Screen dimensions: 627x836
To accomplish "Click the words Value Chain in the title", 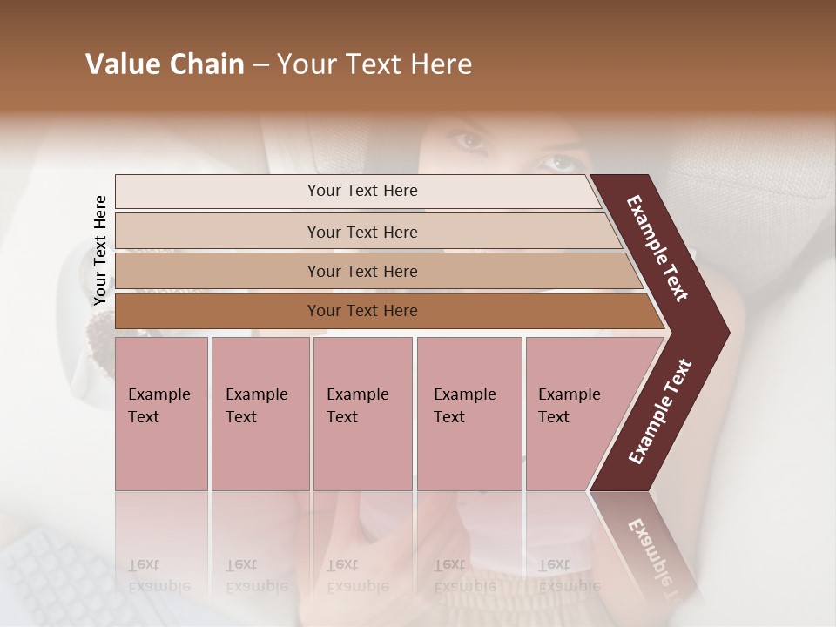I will click(165, 64).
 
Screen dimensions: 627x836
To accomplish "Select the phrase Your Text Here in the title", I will click(374, 64).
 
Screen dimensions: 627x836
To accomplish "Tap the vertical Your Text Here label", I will click(100, 251).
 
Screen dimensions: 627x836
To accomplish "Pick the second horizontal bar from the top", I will click(362, 232).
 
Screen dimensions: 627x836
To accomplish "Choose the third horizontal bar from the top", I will click(362, 271).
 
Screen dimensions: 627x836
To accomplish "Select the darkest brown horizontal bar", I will click(362, 311).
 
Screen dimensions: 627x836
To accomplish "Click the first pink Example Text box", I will click(161, 414).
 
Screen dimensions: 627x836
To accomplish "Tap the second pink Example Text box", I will click(260, 414).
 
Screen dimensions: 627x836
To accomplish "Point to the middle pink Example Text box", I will click(362, 414).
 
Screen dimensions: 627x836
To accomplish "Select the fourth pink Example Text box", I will click(469, 414).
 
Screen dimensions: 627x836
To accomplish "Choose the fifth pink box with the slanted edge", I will click(575, 414).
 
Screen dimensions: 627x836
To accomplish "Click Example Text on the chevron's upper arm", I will click(658, 249).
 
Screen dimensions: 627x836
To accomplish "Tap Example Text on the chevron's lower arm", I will click(660, 411).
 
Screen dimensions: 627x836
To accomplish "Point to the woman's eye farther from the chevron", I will click(471, 139).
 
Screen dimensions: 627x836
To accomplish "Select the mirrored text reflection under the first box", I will click(159, 575).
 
